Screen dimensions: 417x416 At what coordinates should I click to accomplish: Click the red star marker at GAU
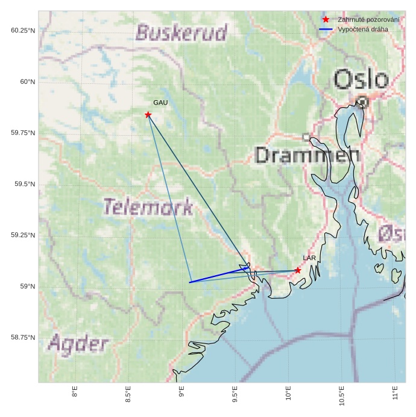[x=148, y=115]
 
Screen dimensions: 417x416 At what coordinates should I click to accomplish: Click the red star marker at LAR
[x=298, y=270]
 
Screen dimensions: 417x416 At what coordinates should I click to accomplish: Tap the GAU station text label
[x=160, y=103]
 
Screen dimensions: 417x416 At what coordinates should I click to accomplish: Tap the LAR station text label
[x=309, y=258]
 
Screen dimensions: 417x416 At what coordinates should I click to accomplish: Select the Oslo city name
[x=361, y=80]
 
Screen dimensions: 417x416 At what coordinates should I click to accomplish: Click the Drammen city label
[x=307, y=155]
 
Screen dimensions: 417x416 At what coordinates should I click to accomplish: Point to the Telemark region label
[x=148, y=207]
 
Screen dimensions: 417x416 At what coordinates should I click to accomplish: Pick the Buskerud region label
[x=181, y=32]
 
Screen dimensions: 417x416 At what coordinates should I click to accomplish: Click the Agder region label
[x=78, y=345]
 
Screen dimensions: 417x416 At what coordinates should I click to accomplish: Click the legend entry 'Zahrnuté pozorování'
[x=368, y=20]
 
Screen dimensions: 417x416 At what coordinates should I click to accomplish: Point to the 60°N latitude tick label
[x=25, y=81]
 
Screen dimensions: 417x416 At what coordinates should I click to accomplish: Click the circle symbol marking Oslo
[x=362, y=102]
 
